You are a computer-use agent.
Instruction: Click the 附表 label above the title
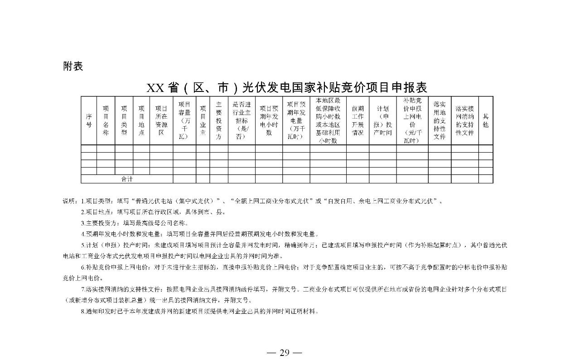pos(73,66)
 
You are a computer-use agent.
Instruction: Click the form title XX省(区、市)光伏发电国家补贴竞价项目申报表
pos(287,87)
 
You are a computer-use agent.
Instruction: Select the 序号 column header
pos(89,120)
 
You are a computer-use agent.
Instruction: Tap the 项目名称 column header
pos(106,120)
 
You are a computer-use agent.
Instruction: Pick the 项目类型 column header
pos(124,120)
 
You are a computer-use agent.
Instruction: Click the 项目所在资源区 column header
pos(161,120)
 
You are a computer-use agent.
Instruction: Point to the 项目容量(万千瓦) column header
pos(184,120)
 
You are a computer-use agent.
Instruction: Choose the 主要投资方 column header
pos(218,120)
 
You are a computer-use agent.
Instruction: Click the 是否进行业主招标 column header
pos(242,120)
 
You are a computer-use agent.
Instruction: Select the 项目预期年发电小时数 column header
pos(269,120)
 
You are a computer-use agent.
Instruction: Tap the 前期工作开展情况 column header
pos(358,120)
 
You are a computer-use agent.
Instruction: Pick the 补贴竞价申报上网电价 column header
pos(412,120)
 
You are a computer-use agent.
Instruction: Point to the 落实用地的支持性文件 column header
pos(439,120)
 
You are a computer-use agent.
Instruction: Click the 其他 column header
pos(485,120)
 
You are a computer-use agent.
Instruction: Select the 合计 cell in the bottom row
pos(127,179)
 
